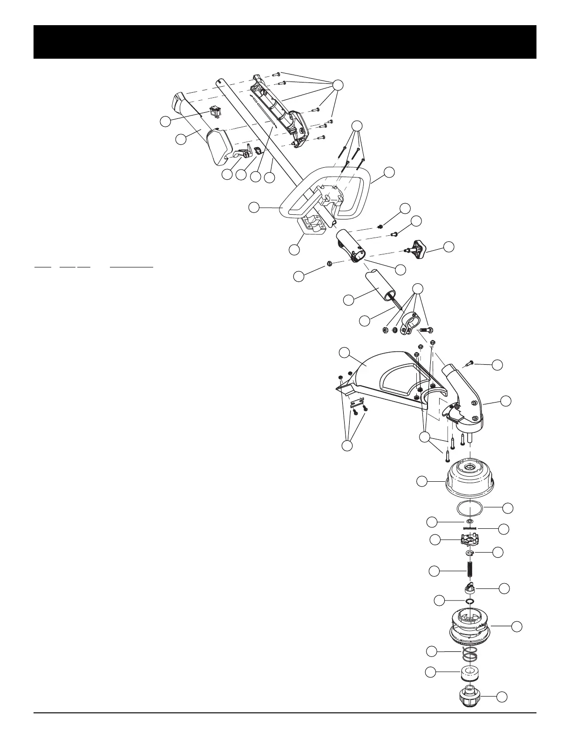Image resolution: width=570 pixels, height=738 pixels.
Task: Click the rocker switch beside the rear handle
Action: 215,112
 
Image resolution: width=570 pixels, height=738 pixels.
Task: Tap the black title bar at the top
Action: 285,42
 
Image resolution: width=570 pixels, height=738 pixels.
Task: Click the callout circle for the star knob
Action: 449,247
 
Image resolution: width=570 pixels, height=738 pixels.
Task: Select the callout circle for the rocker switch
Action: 165,122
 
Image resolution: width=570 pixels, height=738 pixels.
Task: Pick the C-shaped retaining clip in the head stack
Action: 470,553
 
